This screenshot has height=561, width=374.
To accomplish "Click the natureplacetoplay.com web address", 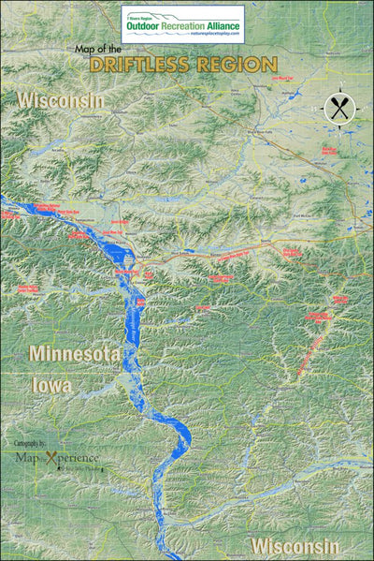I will click(215, 35).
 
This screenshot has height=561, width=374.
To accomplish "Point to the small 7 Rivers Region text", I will click(139, 14).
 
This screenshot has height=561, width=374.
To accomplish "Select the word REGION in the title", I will click(242, 65).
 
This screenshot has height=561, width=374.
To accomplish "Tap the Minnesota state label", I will click(75, 353).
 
